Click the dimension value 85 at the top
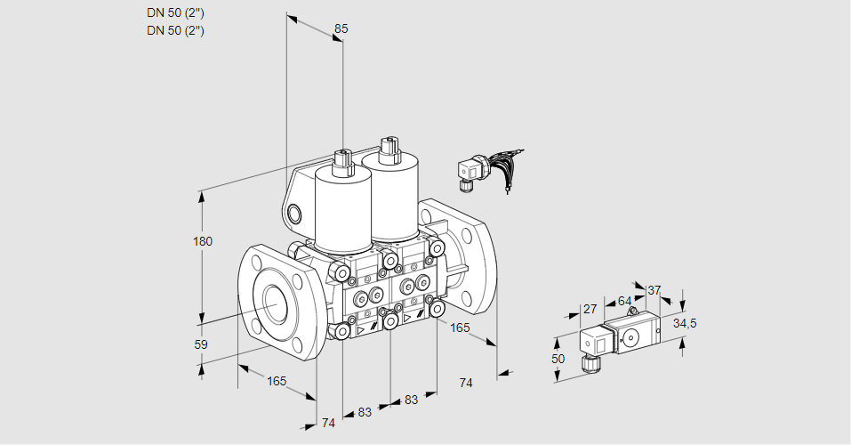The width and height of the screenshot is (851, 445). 341,28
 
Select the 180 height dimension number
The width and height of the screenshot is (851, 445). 203,241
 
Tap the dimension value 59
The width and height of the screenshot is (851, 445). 201,344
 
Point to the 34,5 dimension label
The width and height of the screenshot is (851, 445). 685,324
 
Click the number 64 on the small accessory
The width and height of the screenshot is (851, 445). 624,301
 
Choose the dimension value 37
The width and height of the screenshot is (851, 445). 654,291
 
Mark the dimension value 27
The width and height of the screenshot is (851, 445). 590,309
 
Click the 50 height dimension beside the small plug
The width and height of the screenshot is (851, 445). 558,359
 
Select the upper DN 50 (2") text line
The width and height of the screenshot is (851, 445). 175,13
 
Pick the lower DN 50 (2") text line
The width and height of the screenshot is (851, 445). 175,30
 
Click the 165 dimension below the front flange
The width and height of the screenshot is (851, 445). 277,382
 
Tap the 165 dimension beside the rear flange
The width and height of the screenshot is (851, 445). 460,328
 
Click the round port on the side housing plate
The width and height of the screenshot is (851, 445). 293,214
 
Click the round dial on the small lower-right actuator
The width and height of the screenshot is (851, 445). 631,338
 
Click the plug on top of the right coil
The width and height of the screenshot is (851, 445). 389,149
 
